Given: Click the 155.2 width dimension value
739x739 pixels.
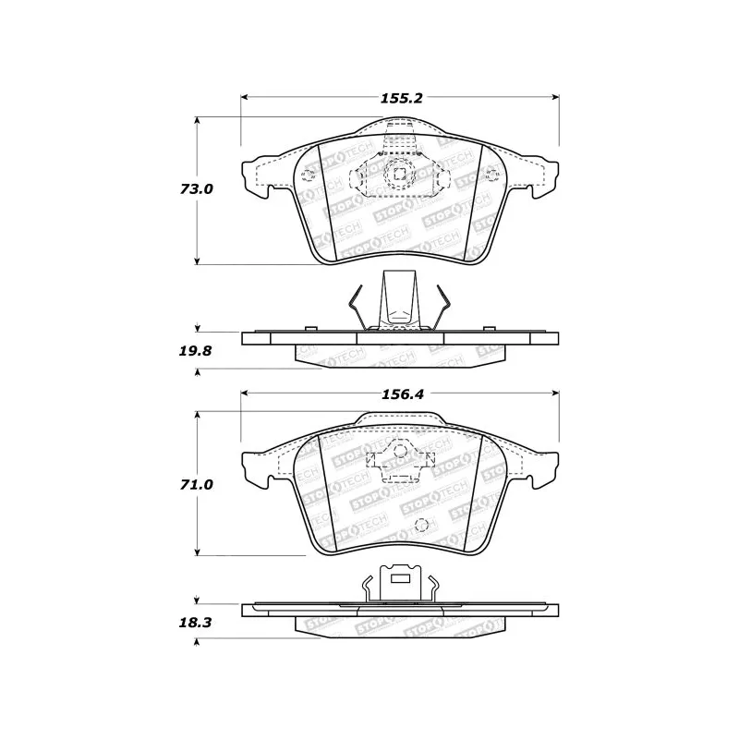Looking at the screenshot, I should pos(398,97).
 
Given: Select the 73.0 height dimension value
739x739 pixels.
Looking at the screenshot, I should pos(196,188).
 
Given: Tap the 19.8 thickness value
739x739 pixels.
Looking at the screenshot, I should pos(196,352).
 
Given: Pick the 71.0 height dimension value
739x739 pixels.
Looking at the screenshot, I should pos(196,483).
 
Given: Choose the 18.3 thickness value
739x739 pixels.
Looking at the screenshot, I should pos(196,624).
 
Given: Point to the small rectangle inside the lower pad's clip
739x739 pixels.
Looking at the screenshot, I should pos(401,580).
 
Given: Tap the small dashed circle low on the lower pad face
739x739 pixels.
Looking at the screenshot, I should pos(422,526).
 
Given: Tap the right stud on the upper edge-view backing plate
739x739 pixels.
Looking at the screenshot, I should pos(489,330).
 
